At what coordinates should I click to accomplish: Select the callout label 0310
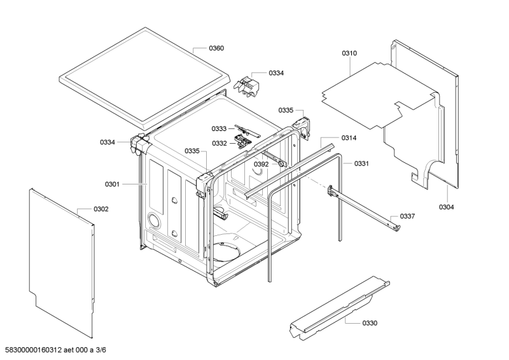349,53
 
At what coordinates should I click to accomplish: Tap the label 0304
446,207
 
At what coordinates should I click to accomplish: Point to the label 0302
101,209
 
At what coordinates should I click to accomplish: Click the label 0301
112,184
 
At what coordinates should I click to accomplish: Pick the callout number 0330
370,323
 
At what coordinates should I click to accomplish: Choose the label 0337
407,217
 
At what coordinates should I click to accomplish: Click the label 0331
361,163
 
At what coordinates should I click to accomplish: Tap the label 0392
261,163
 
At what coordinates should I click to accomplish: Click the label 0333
220,128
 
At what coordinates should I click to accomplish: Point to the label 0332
220,143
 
